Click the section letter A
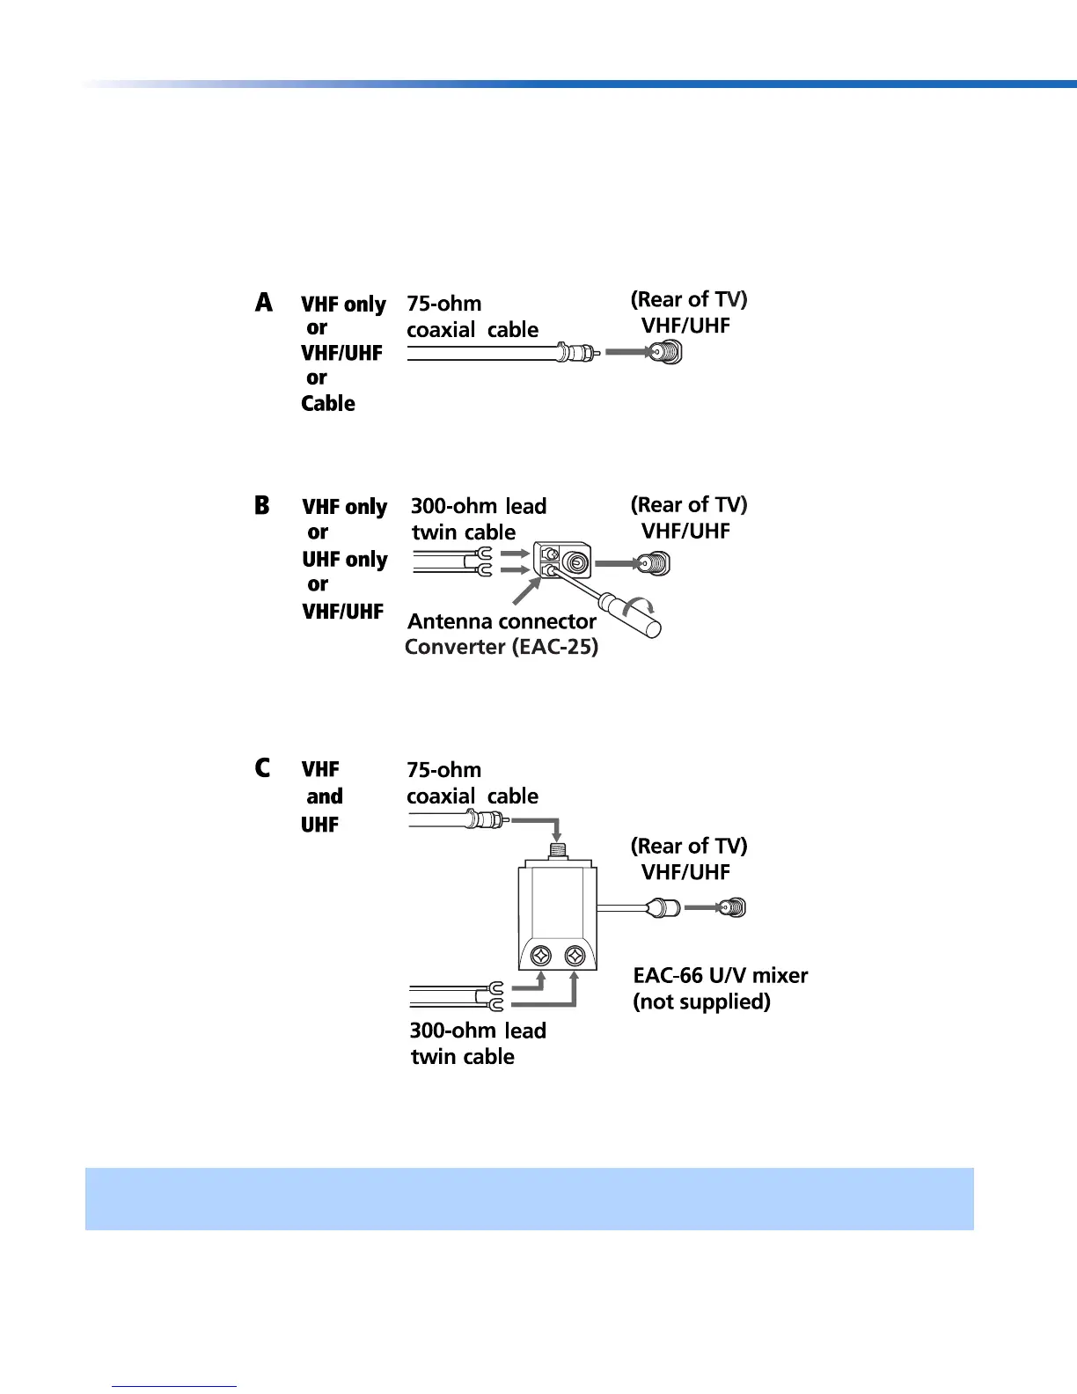pos(264,303)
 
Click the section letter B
pos(262,506)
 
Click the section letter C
pos(262,768)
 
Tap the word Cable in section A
pos(328,404)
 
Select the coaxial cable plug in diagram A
pos(576,354)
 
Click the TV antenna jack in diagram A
pos(668,353)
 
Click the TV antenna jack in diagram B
pos(656,563)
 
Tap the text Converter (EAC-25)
pos(502,647)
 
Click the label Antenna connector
pos(502,621)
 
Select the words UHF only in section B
pos(345,560)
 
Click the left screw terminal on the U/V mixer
pos(542,956)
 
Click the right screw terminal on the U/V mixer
pos(575,956)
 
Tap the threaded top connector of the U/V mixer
pos(557,852)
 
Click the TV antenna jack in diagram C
pos(732,907)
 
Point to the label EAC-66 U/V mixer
pos(720,975)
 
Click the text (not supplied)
pos(701,1001)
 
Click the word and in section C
pos(325,796)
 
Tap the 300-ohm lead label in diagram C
pos(478,1031)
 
